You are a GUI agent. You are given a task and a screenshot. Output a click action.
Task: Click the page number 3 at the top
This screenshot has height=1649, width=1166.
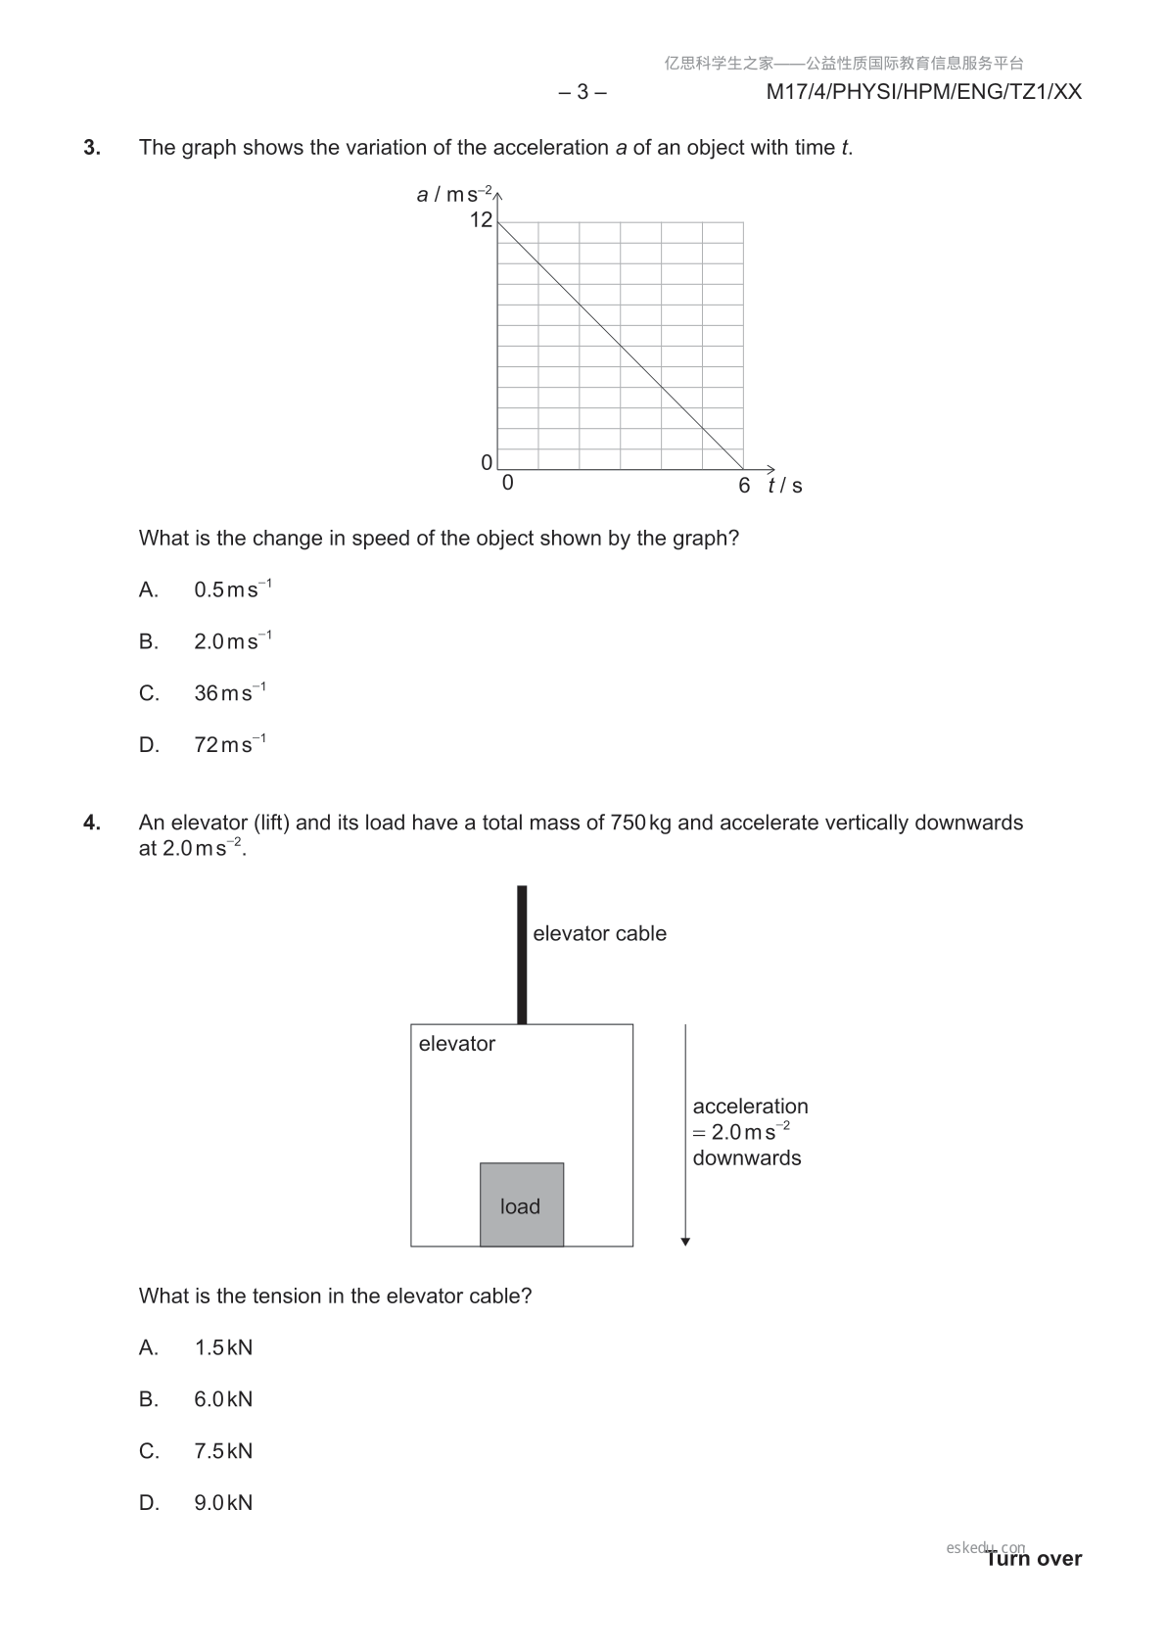583,92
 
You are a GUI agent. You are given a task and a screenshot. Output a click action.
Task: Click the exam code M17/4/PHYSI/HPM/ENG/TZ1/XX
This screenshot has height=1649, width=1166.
923,92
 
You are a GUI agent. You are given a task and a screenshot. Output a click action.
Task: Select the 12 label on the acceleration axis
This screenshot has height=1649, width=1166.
481,220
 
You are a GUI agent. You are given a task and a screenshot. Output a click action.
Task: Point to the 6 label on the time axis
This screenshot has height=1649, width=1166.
744,486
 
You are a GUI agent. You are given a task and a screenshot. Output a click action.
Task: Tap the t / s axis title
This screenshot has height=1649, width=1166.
785,486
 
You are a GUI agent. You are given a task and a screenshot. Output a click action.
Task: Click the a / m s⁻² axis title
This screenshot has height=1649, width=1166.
454,194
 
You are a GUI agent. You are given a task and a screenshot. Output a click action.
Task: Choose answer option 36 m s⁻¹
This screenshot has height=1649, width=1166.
229,693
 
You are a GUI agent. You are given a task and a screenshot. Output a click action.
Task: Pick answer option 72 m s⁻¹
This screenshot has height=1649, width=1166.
229,745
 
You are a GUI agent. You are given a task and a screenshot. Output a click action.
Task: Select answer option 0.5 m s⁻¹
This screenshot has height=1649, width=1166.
232,589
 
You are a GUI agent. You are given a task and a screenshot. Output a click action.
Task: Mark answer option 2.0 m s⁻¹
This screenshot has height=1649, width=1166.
232,641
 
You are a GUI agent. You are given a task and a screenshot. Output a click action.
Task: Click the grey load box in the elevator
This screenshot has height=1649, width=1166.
522,1204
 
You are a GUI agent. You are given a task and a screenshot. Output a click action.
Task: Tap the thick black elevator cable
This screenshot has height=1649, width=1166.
522,955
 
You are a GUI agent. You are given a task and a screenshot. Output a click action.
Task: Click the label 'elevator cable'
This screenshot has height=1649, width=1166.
599,934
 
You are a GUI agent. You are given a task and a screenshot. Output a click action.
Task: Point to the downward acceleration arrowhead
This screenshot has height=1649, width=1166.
685,1242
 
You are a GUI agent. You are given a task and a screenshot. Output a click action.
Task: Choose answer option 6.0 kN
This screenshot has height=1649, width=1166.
223,1399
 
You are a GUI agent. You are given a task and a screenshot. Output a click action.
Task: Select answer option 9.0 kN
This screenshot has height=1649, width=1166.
223,1503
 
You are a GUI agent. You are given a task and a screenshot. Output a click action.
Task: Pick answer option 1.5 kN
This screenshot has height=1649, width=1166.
223,1347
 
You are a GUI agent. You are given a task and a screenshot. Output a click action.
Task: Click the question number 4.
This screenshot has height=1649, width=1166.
92,823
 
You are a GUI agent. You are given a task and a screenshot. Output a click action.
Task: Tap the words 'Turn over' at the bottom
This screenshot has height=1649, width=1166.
1034,1559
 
